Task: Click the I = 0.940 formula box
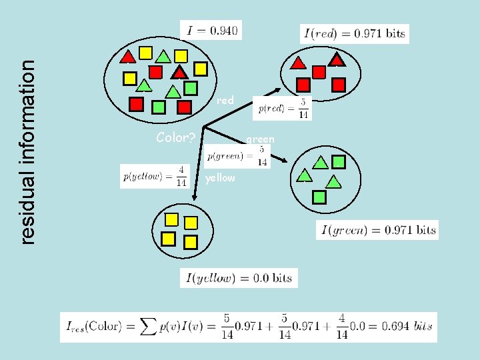coord(211,29)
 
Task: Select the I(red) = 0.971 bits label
coord(354,34)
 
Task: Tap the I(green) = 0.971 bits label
coord(377,231)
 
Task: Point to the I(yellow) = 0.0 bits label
coord(239,278)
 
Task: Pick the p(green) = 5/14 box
coord(237,157)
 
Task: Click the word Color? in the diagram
coord(175,138)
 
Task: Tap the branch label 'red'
coord(225,101)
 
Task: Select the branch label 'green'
coord(260,139)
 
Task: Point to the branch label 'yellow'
coord(220,178)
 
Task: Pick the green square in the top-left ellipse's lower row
coord(159,105)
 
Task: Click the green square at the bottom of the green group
coord(319,197)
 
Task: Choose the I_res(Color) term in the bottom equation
coord(93,327)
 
